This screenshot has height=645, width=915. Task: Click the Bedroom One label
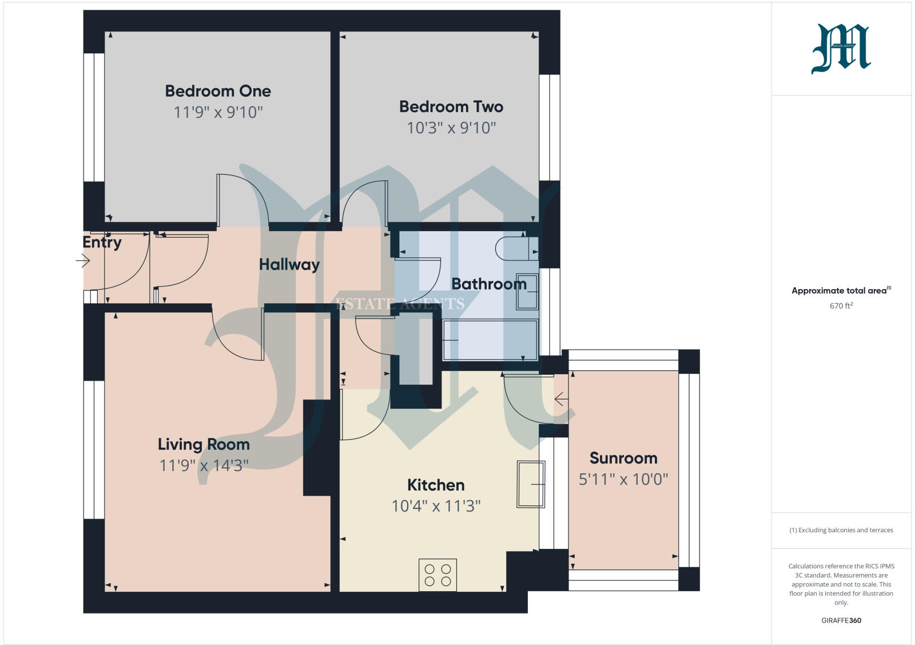coord(218,91)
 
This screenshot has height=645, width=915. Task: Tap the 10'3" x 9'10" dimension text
coord(451,128)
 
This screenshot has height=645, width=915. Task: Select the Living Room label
coord(204,444)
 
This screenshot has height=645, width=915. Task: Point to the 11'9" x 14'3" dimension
coord(204,465)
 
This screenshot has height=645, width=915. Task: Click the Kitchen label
coord(435,485)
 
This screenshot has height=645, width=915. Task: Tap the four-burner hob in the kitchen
coord(437,575)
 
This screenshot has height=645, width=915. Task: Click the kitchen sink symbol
coord(530,484)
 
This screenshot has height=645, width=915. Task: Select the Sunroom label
coord(623,458)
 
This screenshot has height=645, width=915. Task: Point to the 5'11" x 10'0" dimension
coord(623,479)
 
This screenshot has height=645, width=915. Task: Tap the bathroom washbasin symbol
coord(527,292)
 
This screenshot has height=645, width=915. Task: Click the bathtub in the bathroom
coord(490,340)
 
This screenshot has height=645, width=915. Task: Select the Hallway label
coord(289,264)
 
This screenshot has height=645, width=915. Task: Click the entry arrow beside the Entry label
coord(83,261)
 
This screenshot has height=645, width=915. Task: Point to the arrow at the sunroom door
coord(561,399)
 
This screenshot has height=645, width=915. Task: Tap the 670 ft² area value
coord(841,306)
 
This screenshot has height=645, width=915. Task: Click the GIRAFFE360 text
coord(841,620)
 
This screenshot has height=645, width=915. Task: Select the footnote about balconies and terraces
coord(841,530)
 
